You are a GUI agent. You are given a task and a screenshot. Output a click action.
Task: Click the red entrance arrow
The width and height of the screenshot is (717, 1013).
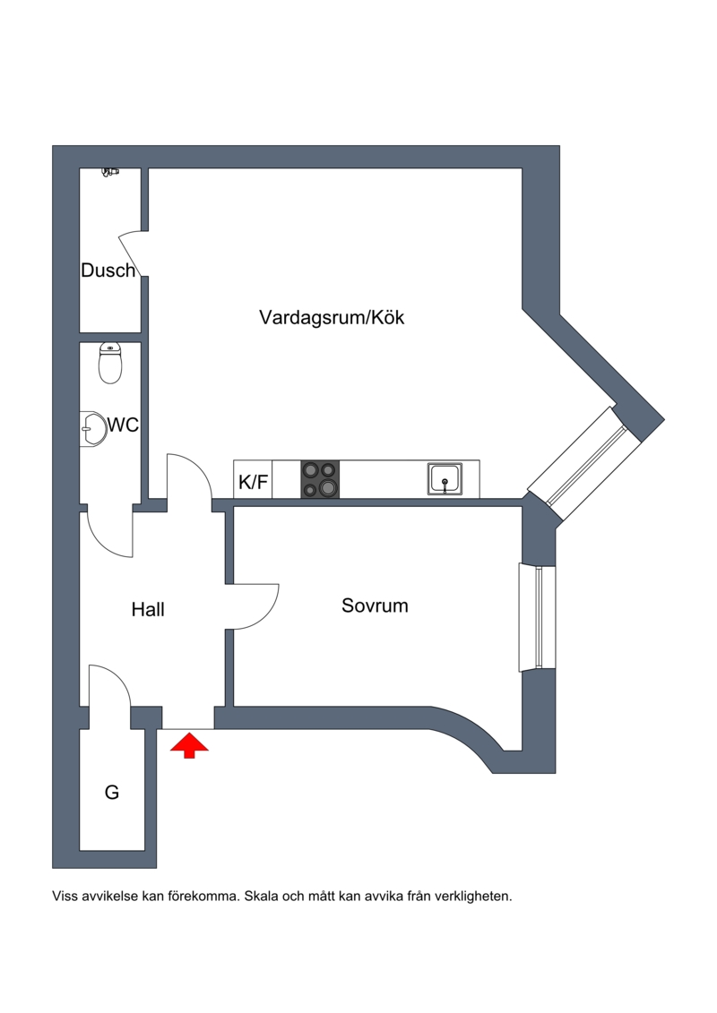189,745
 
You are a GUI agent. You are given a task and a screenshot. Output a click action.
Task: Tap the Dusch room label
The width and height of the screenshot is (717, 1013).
108,270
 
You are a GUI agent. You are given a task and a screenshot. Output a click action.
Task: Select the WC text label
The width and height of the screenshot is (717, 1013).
123,425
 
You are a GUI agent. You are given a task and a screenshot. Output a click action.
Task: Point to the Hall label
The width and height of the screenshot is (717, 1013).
148,610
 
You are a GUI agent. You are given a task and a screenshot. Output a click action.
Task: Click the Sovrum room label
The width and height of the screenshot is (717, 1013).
375,605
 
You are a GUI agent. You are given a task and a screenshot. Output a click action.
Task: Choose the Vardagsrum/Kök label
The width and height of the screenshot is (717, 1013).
332,317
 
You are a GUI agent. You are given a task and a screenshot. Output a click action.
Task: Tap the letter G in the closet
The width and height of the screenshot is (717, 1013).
112,792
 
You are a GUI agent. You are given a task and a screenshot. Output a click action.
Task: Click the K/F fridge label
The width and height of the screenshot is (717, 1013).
253,483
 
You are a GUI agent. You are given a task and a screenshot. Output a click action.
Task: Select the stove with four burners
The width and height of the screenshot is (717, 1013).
321,479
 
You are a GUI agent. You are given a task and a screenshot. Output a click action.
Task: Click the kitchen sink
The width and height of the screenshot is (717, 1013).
445,479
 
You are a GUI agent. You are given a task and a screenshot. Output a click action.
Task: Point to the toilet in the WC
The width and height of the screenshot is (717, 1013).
110,363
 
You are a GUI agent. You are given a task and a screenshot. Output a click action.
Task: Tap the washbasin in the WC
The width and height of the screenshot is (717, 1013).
91,427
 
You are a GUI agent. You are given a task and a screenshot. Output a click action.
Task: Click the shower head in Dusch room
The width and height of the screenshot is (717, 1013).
111,170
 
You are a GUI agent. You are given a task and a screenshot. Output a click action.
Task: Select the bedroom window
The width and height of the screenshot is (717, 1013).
536,617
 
